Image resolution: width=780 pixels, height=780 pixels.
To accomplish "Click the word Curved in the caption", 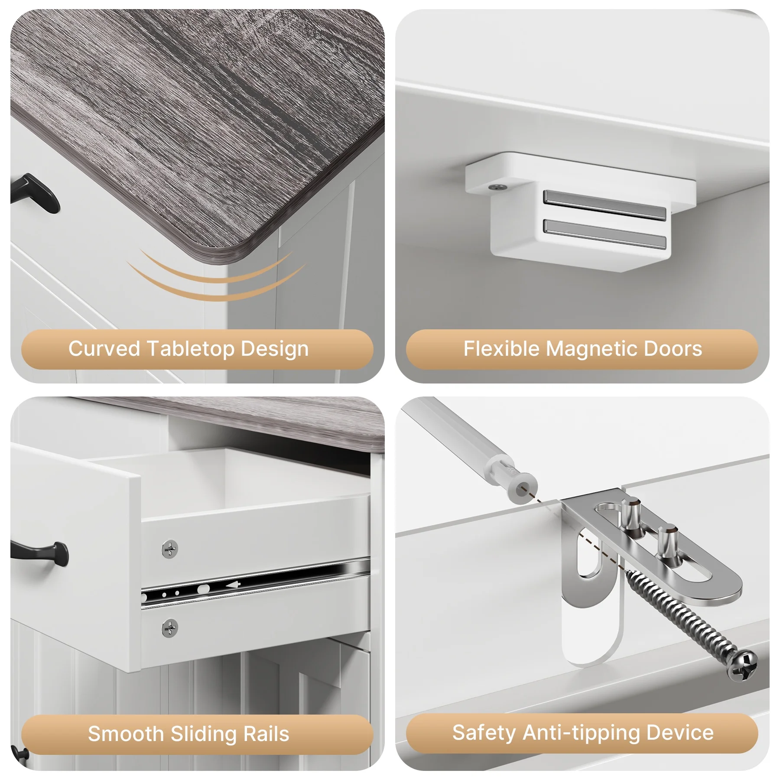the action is coord(104,348).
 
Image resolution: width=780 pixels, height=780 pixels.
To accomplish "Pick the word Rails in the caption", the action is coord(266,734).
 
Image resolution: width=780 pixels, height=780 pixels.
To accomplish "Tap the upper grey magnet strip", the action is coord(605,205).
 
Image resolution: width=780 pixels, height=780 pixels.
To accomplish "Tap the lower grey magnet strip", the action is coord(605,234).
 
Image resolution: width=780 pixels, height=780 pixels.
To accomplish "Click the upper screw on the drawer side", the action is coord(169,549).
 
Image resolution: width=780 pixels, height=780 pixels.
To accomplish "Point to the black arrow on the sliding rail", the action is coord(233,585).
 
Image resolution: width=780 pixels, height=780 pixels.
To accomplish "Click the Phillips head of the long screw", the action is coord(742,664).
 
